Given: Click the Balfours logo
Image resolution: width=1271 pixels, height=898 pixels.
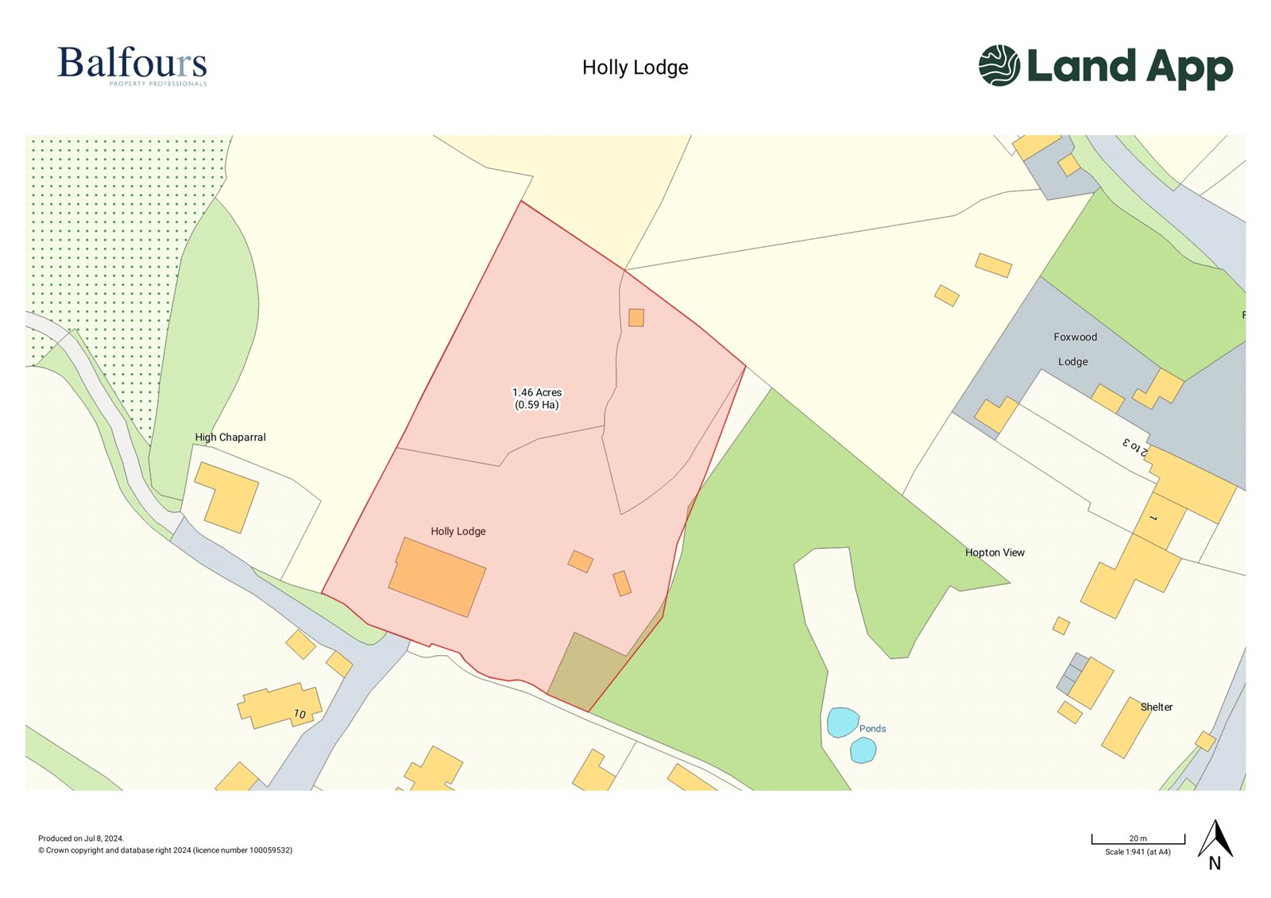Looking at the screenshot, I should point(132,65).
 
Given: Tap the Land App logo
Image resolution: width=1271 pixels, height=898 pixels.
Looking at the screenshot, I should point(1105,67).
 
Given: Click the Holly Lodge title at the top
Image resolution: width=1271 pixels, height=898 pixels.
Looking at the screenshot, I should point(635,67).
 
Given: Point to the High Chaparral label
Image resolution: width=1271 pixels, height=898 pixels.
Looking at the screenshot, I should point(230,437).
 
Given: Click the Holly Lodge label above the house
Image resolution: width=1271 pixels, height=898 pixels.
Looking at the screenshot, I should point(458,531).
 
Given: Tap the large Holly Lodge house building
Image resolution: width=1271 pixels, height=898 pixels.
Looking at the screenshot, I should point(437,577).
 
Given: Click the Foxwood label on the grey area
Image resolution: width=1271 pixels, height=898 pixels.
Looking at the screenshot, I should point(1075,337).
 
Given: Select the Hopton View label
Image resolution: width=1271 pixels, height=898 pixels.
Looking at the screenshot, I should point(995,553).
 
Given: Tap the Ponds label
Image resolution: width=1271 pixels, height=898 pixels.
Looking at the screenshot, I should point(872,729).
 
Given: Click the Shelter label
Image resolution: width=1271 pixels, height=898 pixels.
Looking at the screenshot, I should point(1156,707).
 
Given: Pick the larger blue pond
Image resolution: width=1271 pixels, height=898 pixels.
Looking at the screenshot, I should point(842,723).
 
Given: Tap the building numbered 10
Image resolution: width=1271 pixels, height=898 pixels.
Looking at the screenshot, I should point(280,705).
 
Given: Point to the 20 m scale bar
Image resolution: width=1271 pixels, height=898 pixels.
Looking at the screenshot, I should point(1138,839).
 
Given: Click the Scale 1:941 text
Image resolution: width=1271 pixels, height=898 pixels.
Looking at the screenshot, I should point(1138,852).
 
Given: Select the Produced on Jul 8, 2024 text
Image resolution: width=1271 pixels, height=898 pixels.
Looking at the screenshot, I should point(81,838).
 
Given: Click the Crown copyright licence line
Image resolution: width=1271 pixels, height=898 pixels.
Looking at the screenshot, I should point(165,850).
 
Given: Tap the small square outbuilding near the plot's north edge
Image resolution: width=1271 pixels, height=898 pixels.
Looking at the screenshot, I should point(636,318).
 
